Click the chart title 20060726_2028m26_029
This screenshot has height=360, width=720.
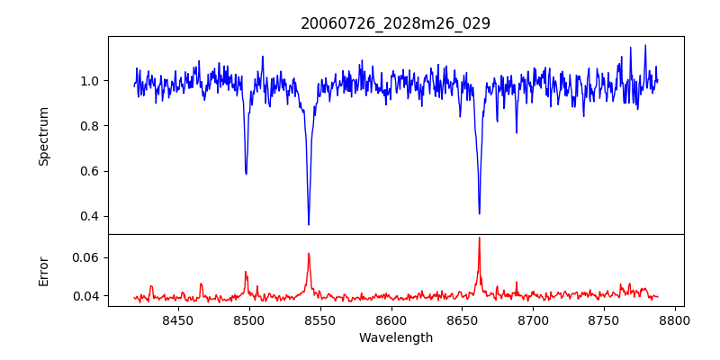click(395, 23)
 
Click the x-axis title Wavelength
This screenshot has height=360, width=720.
click(395, 338)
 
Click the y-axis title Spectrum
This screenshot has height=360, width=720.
click(44, 136)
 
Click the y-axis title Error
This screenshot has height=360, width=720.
click(44, 270)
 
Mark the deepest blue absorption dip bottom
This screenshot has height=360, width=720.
click(309, 224)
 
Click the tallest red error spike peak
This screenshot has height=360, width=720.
click(479, 238)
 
